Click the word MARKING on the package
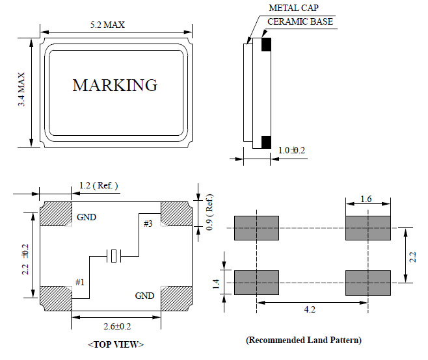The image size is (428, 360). (114, 85)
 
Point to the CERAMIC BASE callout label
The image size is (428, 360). (301, 22)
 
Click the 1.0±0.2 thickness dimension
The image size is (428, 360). (292, 151)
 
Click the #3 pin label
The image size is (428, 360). (149, 224)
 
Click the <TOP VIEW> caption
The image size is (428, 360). (114, 344)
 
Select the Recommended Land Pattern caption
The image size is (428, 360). (303, 340)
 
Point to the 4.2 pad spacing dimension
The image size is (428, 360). (310, 309)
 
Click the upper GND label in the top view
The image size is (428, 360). (87, 218)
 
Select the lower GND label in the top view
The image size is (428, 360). (144, 296)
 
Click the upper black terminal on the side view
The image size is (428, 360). (265, 45)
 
